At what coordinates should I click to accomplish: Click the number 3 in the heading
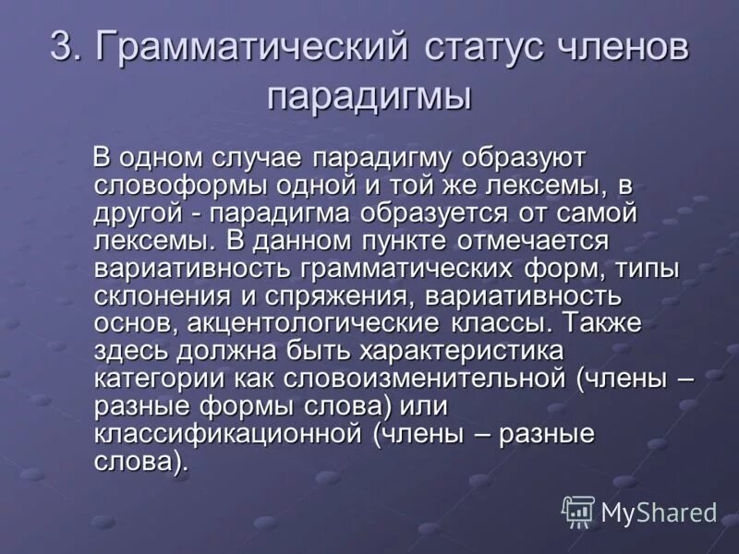tap(62, 48)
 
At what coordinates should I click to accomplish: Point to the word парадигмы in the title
tap(370, 96)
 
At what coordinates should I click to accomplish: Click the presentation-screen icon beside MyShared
tap(578, 512)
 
